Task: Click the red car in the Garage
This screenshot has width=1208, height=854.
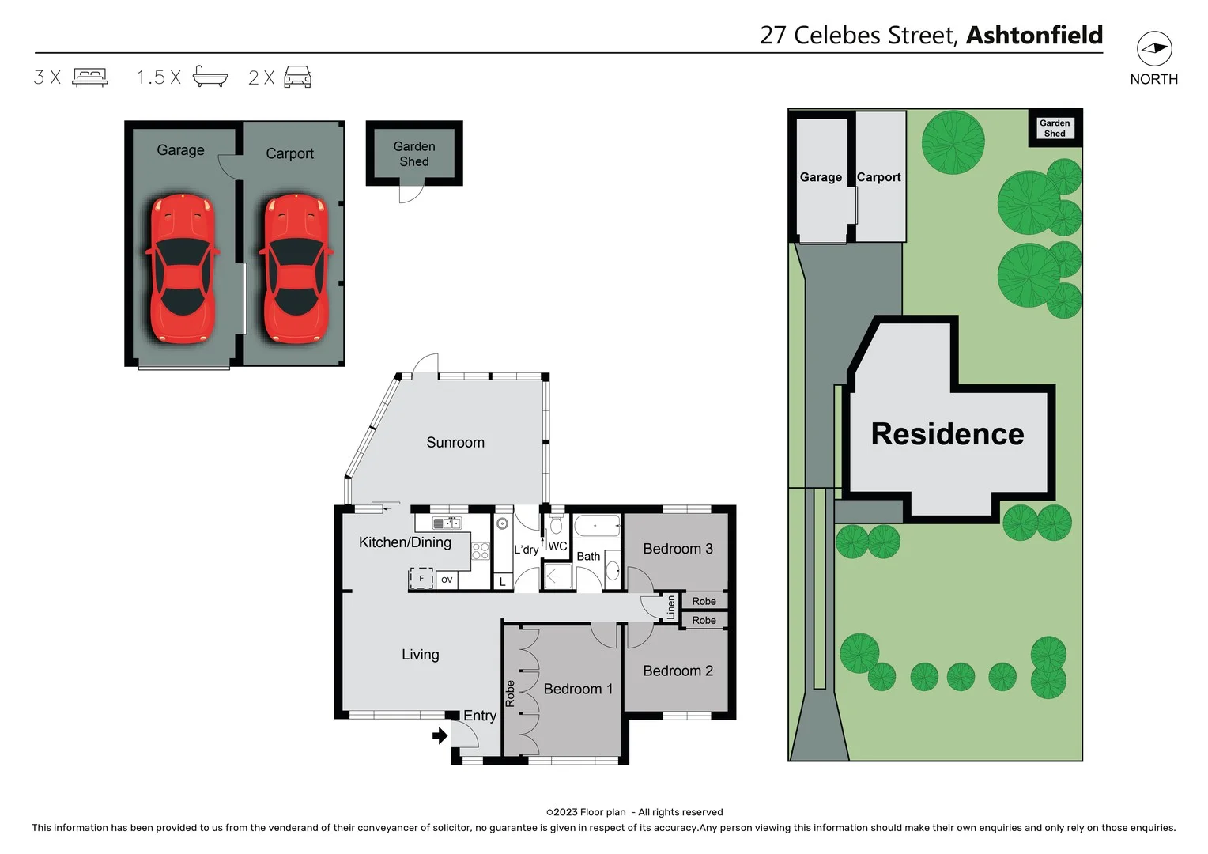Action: click(x=182, y=269)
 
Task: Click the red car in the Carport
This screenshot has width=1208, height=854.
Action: click(x=296, y=269)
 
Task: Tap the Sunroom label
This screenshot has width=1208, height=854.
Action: click(x=455, y=443)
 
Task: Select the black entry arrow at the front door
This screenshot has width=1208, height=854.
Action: click(x=440, y=736)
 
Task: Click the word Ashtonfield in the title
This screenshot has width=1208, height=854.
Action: click(x=1034, y=36)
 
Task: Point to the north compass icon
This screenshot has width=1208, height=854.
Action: click(x=1154, y=49)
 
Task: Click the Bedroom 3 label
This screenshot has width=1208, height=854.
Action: click(x=678, y=549)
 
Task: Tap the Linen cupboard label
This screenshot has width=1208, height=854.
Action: click(x=671, y=607)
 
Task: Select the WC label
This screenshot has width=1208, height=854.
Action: click(x=557, y=546)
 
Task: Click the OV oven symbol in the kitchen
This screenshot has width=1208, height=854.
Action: click(x=447, y=580)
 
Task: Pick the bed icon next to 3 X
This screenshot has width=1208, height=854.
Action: click(x=90, y=77)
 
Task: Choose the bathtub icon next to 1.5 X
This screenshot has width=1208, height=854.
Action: click(x=210, y=77)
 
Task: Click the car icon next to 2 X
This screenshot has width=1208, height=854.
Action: click(x=297, y=77)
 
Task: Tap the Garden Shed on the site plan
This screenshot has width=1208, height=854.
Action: click(x=1055, y=128)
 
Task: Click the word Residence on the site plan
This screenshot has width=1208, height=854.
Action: click(x=947, y=434)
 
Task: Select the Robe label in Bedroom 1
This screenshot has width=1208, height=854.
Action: click(x=510, y=693)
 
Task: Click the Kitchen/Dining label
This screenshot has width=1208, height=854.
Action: click(x=405, y=542)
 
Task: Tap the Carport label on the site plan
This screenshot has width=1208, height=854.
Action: click(x=878, y=177)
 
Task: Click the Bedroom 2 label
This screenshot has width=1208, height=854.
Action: click(x=678, y=671)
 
